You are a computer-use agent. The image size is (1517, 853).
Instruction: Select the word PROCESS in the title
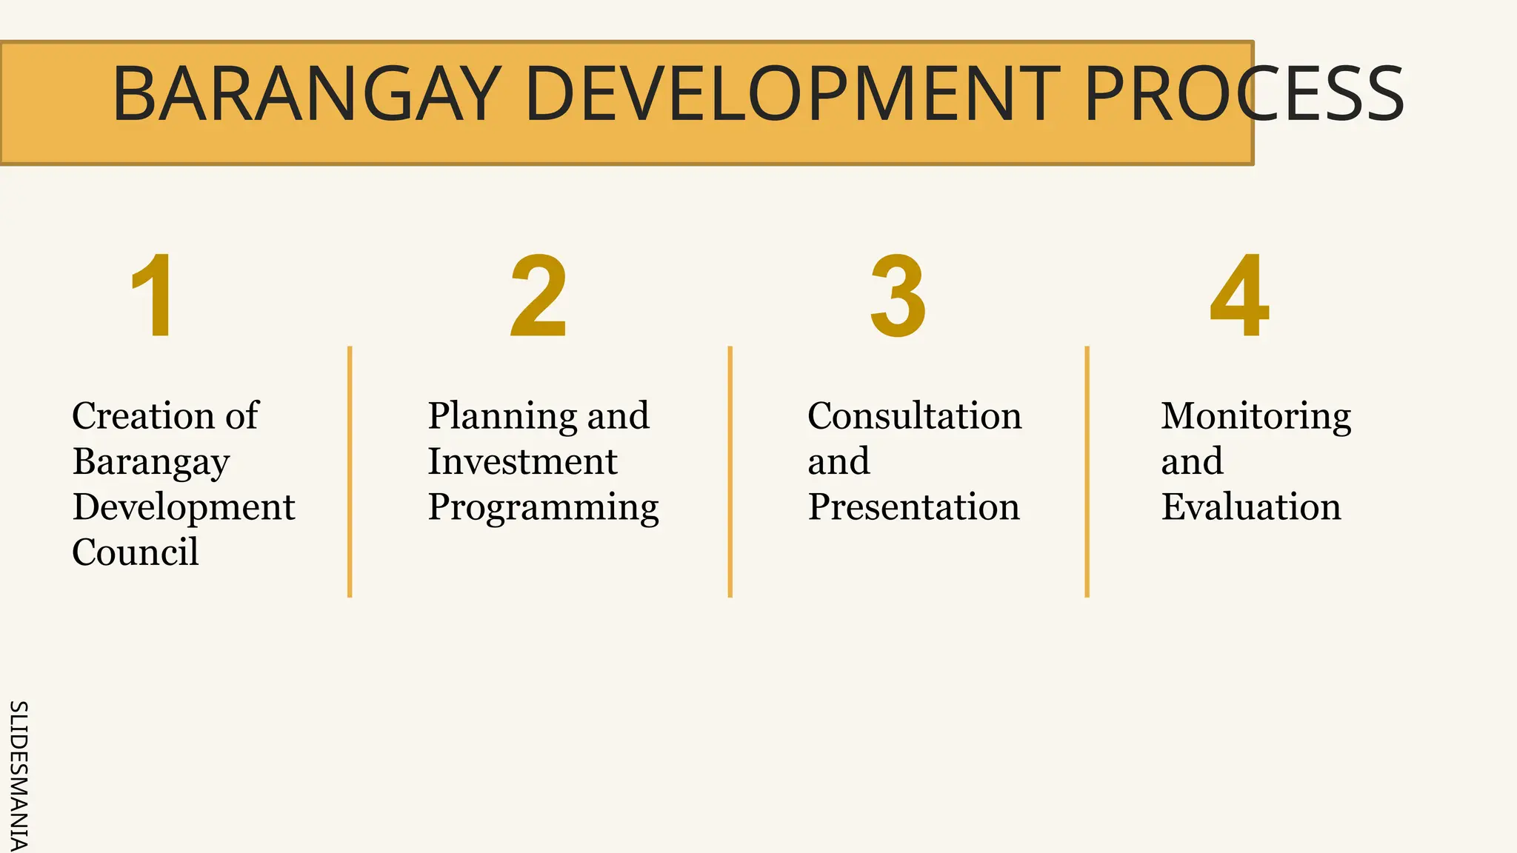(x=1244, y=94)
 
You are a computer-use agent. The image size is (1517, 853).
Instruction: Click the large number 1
(x=153, y=296)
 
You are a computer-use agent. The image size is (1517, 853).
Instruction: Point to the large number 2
(x=539, y=296)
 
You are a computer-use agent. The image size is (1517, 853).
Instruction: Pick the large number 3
(x=898, y=296)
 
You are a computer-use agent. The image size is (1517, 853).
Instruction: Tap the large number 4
(x=1240, y=296)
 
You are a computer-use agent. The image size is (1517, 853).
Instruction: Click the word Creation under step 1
(x=139, y=415)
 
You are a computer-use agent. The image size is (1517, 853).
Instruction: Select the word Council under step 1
(x=136, y=552)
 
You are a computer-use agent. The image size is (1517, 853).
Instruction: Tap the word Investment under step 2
(x=522, y=461)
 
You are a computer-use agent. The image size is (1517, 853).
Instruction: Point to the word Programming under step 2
(x=543, y=509)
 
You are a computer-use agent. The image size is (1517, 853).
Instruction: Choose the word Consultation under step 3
(x=914, y=415)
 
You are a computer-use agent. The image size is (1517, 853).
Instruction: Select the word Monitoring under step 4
(x=1256, y=417)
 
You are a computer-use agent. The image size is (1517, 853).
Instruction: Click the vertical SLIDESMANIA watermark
(x=18, y=776)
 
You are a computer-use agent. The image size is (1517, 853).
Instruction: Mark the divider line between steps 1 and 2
(x=350, y=471)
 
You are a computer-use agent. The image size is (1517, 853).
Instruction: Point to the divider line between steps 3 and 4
(x=1087, y=471)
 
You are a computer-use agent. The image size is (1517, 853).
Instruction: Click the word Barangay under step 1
(x=151, y=463)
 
